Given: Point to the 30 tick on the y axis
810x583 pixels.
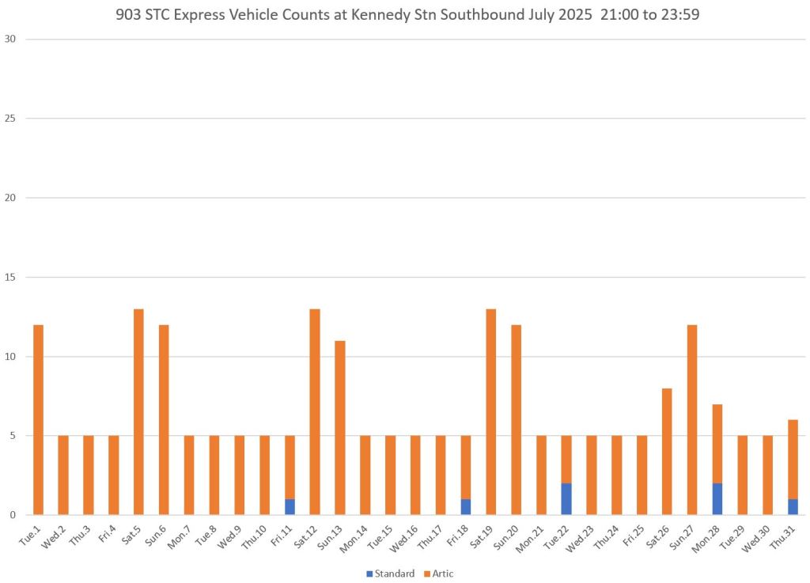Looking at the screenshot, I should point(11,40).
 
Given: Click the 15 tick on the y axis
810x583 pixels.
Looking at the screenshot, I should point(11,277).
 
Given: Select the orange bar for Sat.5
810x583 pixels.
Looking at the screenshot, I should point(138,411).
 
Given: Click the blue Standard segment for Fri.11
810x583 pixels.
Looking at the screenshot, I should point(290,507).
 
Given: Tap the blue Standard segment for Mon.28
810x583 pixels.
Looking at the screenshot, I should point(717,499).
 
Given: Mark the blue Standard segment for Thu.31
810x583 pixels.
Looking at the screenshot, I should point(793,507).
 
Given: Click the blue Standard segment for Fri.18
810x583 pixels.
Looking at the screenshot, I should point(467,507).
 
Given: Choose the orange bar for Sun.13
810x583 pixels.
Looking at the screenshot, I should point(340,427).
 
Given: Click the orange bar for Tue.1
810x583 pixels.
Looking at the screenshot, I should point(38,419).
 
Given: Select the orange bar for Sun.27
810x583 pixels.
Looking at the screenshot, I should point(691,419).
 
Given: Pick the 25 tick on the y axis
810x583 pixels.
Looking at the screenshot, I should point(11,119).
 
